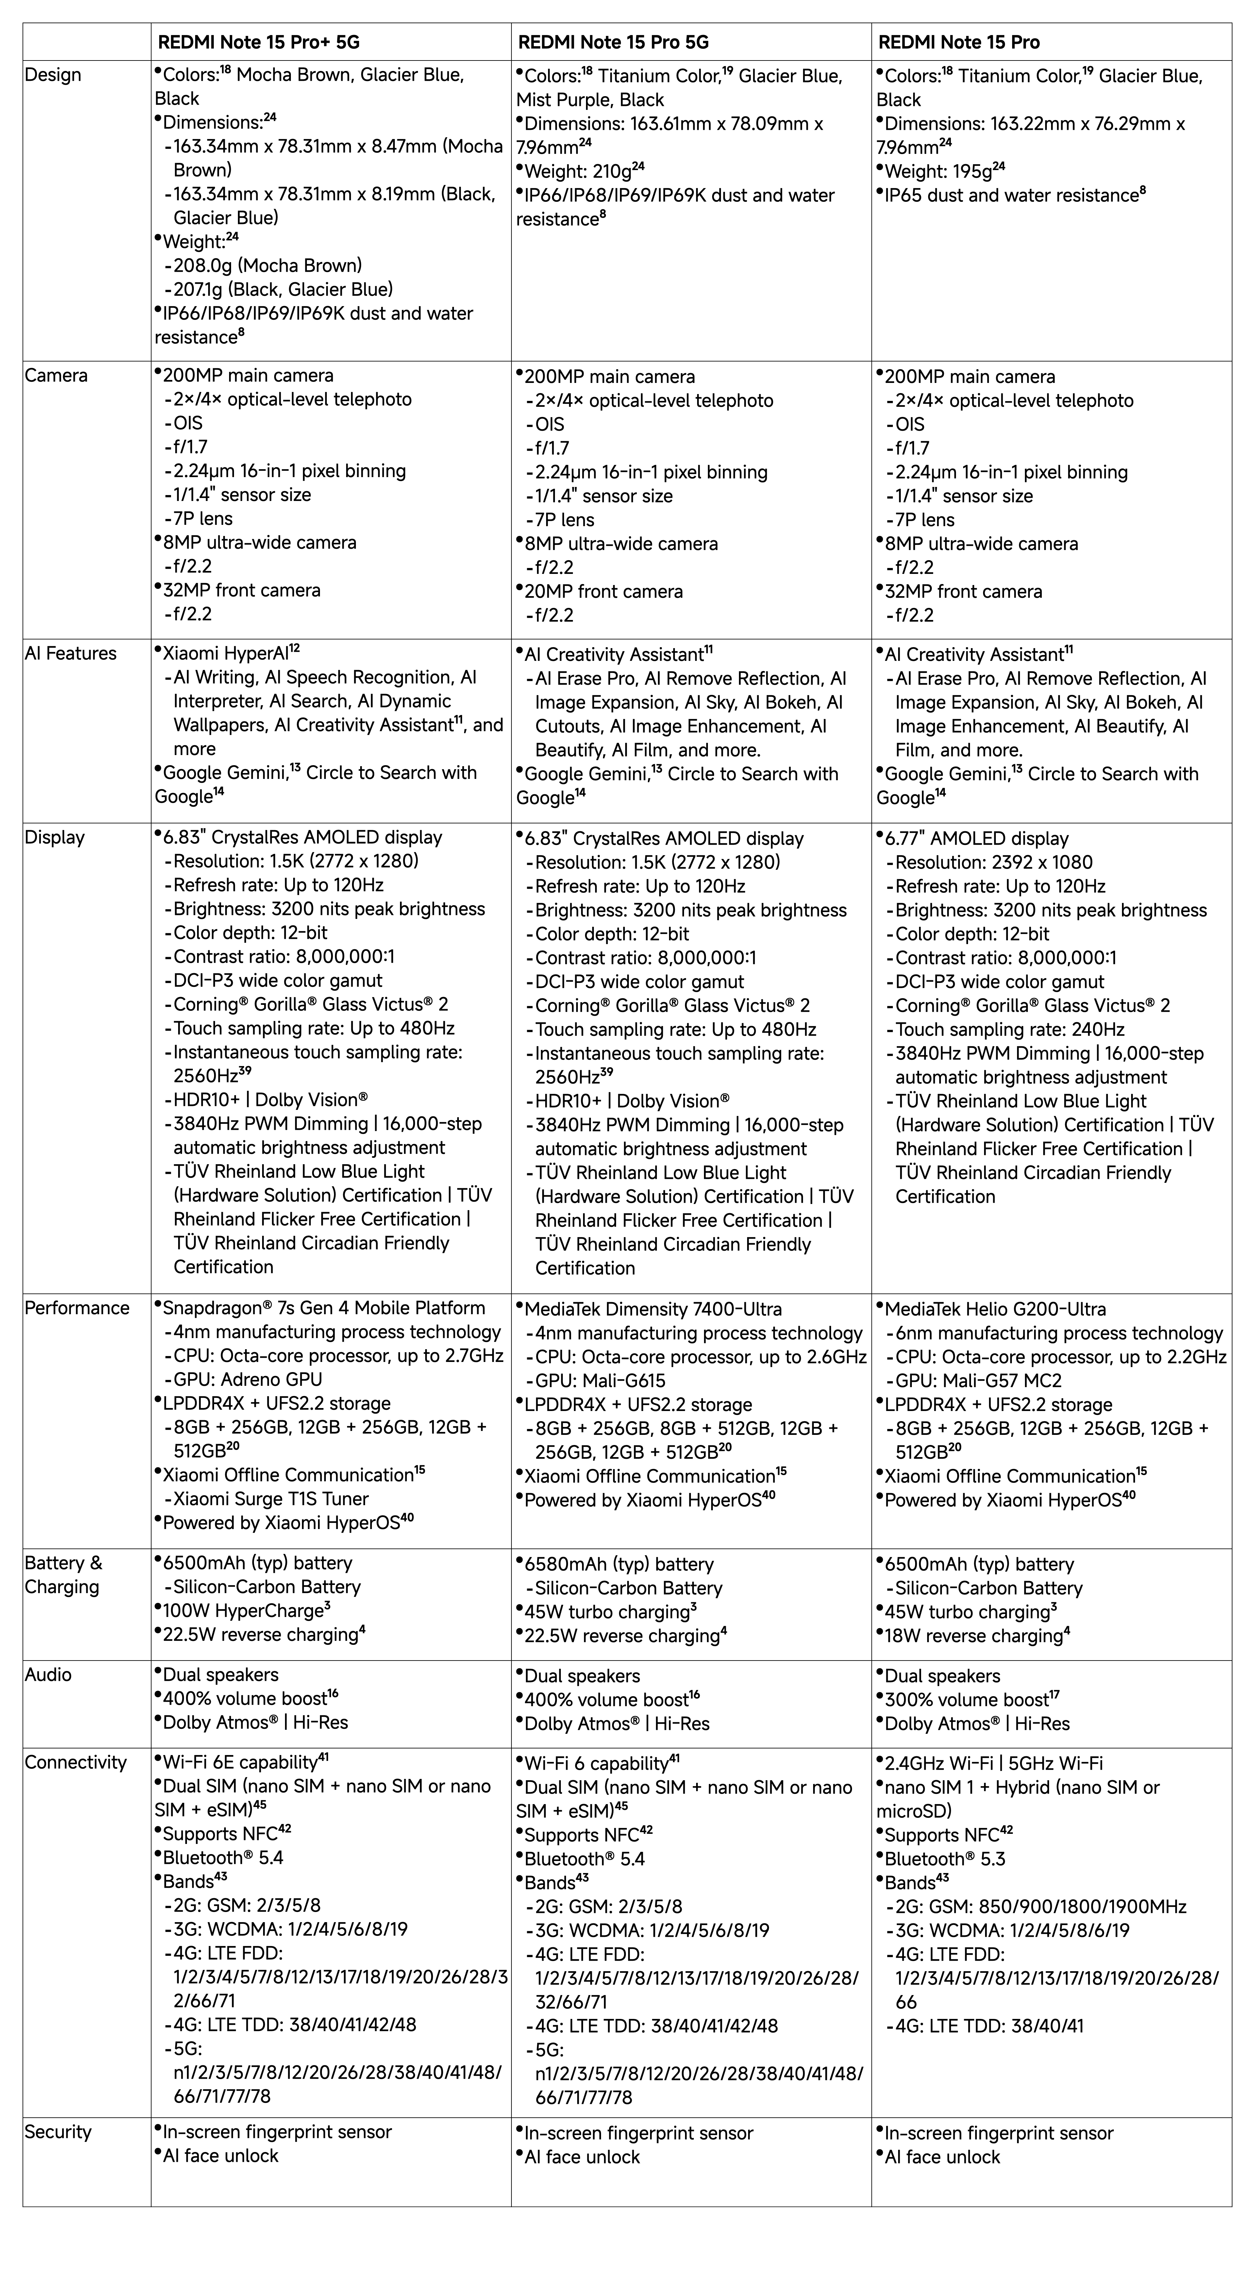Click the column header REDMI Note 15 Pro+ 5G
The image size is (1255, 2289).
(x=259, y=42)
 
